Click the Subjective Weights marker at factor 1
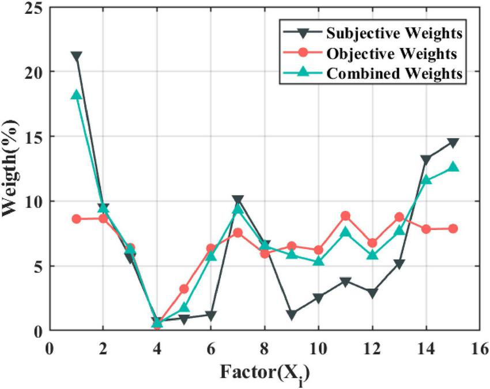76,56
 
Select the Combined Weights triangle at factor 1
76,95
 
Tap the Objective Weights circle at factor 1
76,219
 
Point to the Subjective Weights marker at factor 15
453,142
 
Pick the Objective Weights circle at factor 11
345,216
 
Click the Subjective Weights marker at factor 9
292,315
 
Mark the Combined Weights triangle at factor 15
453,167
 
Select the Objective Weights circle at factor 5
184,289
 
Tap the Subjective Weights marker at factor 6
211,316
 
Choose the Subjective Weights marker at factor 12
372,293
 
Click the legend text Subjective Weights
394,33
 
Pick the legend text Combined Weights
394,74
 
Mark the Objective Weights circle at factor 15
453,228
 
